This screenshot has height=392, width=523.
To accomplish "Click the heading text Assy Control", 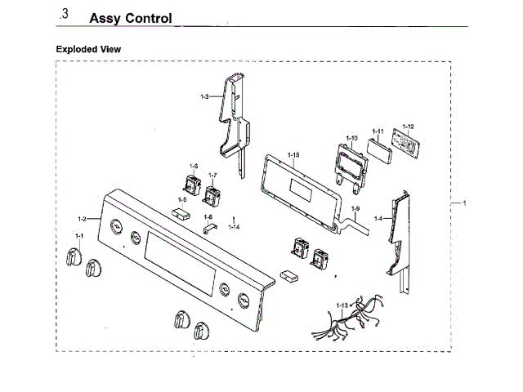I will click(x=130, y=18).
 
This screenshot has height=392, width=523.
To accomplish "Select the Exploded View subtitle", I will click(x=88, y=49).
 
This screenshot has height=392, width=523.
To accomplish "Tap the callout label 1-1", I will click(x=79, y=236).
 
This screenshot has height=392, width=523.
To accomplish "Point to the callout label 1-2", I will click(x=82, y=219).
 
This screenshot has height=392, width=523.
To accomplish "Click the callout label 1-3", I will click(x=204, y=97).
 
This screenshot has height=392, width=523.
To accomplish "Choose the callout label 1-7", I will click(x=212, y=176).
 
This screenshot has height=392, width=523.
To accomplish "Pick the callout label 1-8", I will click(x=208, y=217).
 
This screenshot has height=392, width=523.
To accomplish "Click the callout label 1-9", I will click(x=355, y=209).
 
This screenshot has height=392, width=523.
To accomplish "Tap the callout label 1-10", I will click(x=351, y=138).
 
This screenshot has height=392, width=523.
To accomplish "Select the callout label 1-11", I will click(x=378, y=131).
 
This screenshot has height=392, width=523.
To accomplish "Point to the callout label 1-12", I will click(x=408, y=127).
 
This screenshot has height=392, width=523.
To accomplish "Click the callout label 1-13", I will click(x=342, y=305).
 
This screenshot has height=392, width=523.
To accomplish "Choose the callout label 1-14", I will click(x=234, y=225).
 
